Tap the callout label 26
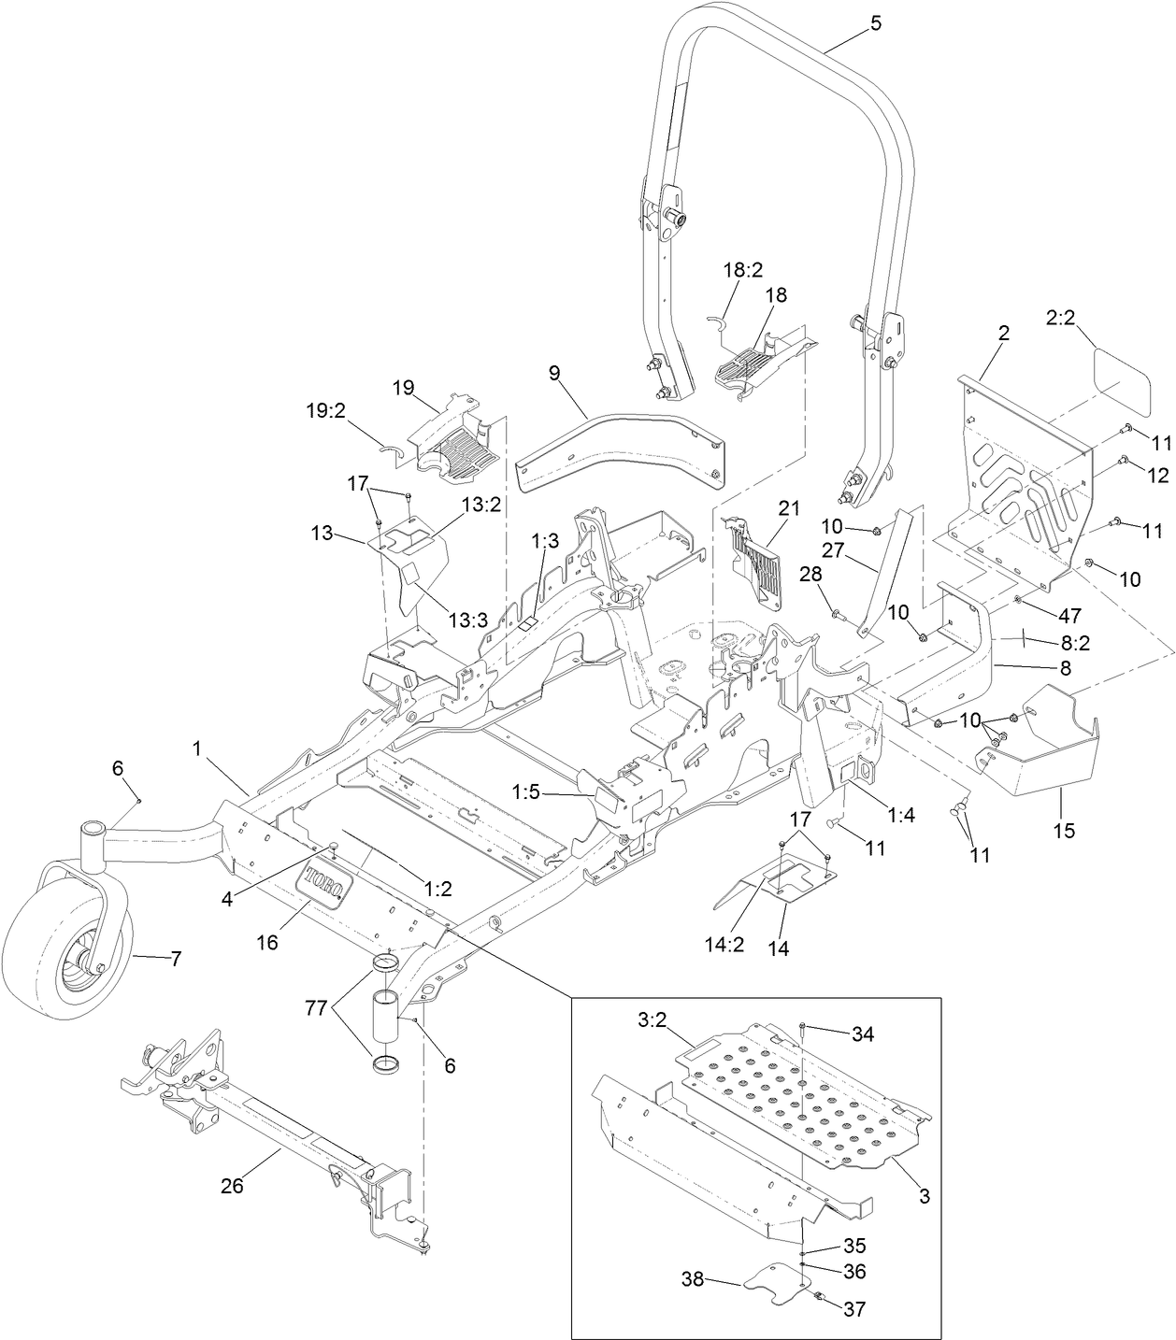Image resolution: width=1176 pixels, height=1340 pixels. [x=231, y=1186]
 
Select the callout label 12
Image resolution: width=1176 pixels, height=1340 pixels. [x=1158, y=476]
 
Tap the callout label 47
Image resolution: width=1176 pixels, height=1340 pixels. [x=1069, y=616]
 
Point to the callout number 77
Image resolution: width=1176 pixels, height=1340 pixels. [x=316, y=1008]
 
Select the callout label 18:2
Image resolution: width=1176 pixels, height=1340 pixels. [x=743, y=270]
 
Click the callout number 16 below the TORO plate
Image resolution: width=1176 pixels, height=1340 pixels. [x=268, y=943]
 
